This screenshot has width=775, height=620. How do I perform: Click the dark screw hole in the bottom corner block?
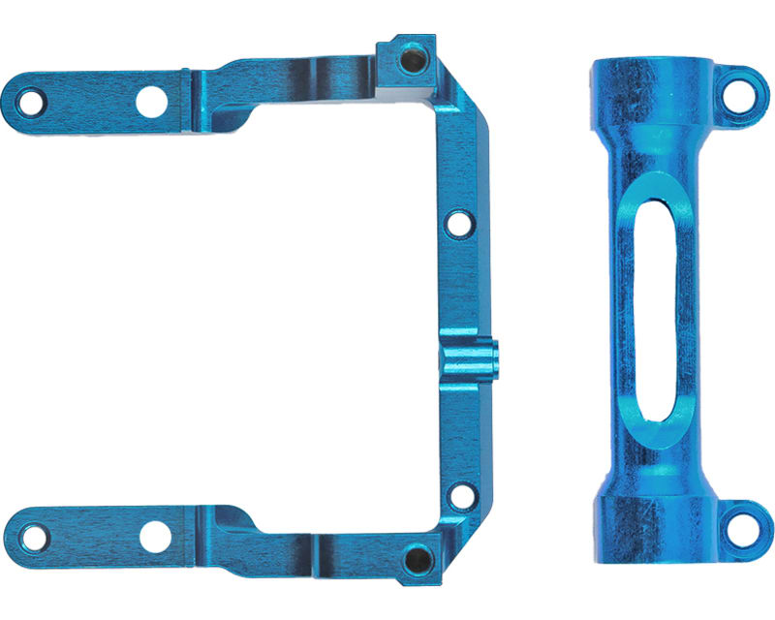coord(417,558)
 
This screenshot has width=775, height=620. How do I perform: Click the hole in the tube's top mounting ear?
coord(741,92)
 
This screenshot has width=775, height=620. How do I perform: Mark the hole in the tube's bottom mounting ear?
coord(741,524)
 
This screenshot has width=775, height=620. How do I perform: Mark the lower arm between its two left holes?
coord(92,535)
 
